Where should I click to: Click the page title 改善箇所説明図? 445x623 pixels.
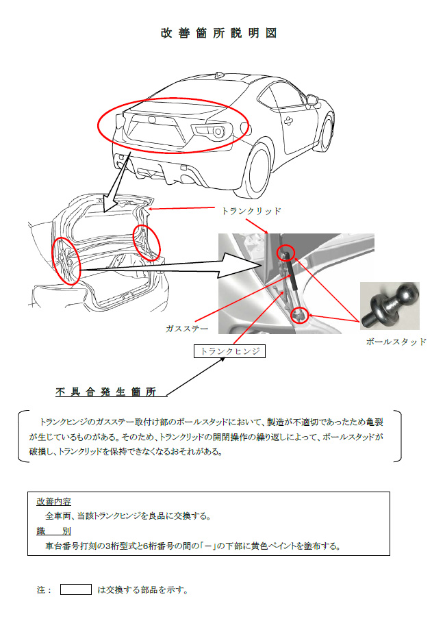coord(218,33)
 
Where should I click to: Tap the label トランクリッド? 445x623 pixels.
coord(251,211)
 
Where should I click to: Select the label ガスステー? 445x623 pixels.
coord(187,329)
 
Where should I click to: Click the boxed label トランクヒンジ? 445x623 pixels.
coord(229,351)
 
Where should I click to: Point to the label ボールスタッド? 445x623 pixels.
coord(396,342)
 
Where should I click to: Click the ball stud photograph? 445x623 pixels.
coord(390,306)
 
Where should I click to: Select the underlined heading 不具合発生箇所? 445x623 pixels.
coord(106,392)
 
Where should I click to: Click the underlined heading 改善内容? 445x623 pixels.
coord(53,502)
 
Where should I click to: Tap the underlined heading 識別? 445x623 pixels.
coord(53,531)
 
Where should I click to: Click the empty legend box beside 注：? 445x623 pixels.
coord(76,589)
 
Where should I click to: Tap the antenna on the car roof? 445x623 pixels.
coord(219,75)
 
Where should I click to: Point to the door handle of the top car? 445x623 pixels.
coord(289,120)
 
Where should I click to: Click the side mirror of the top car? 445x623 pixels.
coord(312,99)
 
